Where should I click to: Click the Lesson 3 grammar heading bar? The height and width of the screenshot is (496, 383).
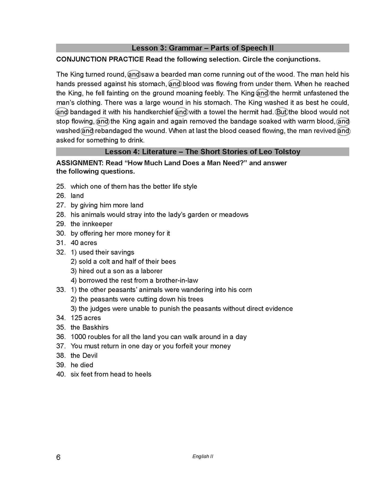click(x=202, y=48)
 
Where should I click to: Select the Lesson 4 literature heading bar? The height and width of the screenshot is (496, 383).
click(x=202, y=152)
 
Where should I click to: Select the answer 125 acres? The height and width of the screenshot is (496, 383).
click(x=86, y=318)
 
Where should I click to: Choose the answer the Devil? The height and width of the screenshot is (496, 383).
click(x=84, y=355)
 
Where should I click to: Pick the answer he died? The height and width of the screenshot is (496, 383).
click(x=82, y=365)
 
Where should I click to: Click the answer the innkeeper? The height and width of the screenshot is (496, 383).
click(x=91, y=224)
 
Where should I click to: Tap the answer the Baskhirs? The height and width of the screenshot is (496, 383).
click(x=90, y=327)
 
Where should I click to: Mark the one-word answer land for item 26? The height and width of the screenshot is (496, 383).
click(x=77, y=196)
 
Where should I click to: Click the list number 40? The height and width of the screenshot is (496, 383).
click(x=61, y=374)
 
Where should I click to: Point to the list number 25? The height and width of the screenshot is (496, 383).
click(x=61, y=186)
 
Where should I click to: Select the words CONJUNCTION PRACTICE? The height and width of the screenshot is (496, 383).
click(x=100, y=59)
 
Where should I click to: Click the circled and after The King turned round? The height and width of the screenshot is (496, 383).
click(x=134, y=75)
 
